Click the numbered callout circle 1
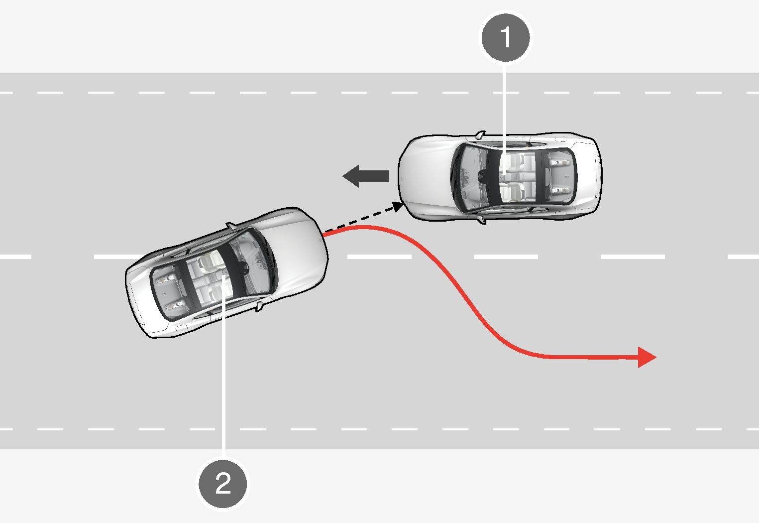[x=506, y=38]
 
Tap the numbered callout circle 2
[x=223, y=483]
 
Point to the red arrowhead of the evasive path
[x=647, y=357]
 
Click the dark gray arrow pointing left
[x=366, y=176]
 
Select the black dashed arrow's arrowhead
[x=397, y=206]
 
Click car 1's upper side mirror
[x=480, y=134]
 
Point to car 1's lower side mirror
[x=481, y=220]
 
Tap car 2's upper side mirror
[x=231, y=226]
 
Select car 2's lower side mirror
[x=259, y=306]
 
